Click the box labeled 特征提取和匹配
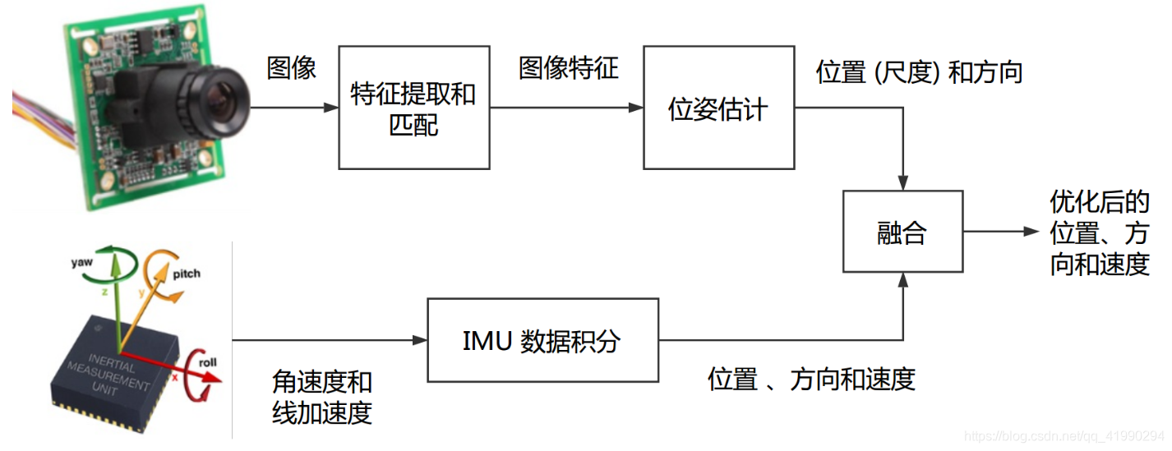click(413, 108)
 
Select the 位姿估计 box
click(718, 108)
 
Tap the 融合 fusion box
click(902, 232)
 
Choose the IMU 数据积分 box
click(542, 340)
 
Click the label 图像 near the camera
click(292, 67)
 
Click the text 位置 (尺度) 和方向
click(918, 72)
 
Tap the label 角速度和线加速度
click(321, 397)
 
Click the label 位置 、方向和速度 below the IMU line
click(811, 380)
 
